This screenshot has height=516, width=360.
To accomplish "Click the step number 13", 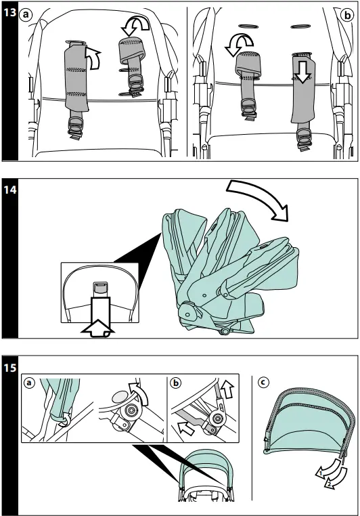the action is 9,12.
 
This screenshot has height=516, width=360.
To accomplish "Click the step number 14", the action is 10,190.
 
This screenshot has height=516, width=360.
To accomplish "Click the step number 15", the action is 10,367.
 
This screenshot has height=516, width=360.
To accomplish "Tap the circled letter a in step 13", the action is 26,14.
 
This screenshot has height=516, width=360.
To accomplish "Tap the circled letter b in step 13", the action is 348,15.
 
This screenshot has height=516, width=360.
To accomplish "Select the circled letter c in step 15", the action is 263,382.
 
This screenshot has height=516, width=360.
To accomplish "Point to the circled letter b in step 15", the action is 176,383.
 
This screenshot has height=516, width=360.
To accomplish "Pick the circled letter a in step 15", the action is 30,383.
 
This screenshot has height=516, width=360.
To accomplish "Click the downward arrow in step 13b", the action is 302,71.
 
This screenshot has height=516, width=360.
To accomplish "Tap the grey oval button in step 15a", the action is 120,396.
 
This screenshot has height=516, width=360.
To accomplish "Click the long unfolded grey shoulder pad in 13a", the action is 76,77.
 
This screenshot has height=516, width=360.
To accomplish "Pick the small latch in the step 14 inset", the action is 100,288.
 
